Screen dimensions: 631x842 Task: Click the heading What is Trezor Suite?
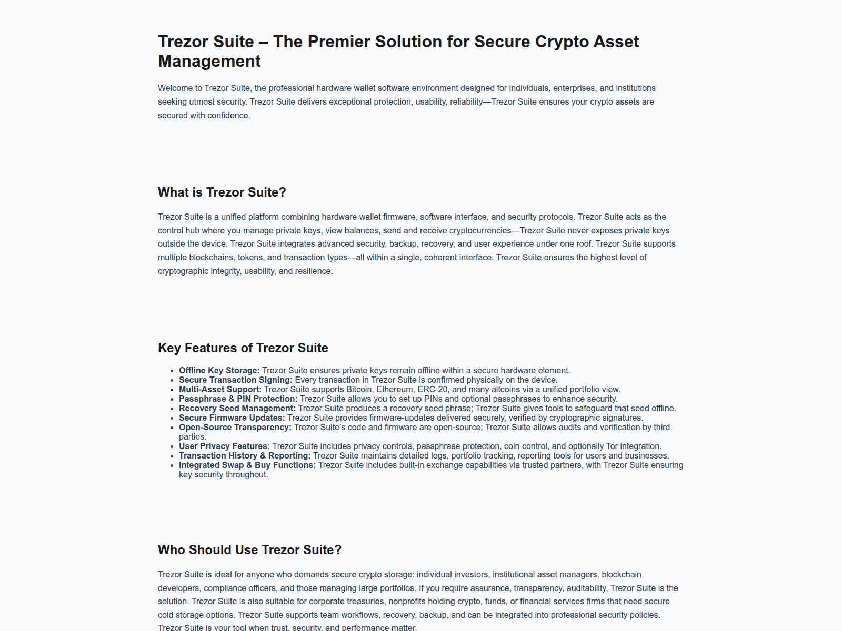(x=222, y=192)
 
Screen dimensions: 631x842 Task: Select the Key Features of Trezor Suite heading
(x=243, y=348)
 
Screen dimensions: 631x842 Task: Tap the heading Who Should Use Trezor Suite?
(x=249, y=550)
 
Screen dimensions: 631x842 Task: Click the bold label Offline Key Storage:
(x=219, y=371)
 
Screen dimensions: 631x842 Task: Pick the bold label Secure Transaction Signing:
(x=235, y=380)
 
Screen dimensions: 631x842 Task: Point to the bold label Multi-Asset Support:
(x=220, y=390)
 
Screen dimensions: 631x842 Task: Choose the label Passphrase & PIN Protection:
(x=238, y=399)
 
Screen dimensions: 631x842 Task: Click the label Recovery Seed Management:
(x=237, y=409)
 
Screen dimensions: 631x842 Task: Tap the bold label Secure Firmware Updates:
(x=232, y=418)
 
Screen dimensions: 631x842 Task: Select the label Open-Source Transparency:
(x=235, y=428)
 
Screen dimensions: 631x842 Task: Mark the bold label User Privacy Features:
(x=224, y=446)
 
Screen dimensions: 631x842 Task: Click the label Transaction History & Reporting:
(x=244, y=456)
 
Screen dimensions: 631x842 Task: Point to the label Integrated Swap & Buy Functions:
(x=247, y=465)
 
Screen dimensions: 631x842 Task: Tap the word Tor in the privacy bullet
(x=612, y=446)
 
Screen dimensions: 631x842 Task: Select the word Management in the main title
(x=209, y=62)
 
